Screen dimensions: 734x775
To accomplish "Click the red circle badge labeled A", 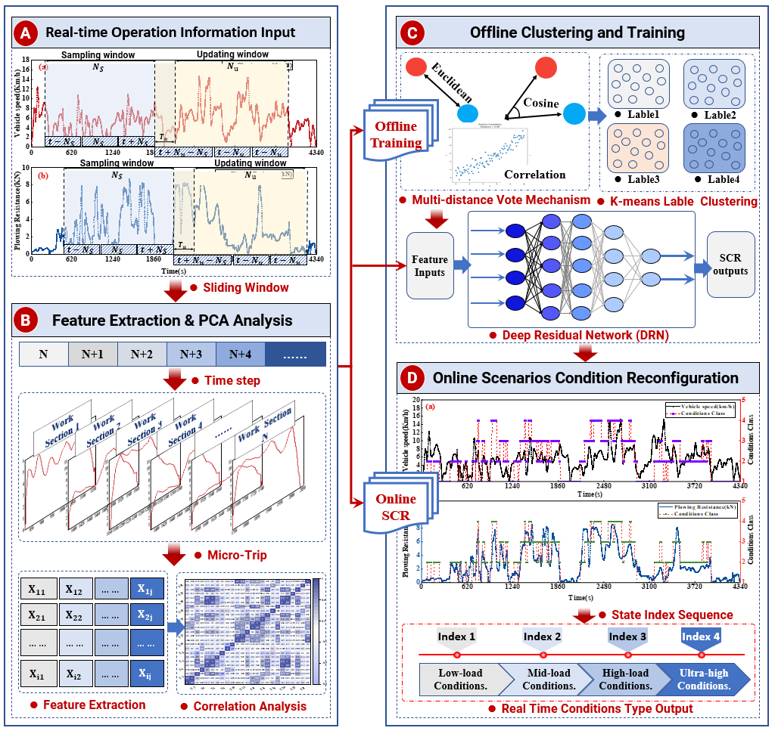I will point(26,34).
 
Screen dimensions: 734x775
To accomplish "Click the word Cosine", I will point(540,104).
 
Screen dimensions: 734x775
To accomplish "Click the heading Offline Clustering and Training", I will point(577,33).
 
